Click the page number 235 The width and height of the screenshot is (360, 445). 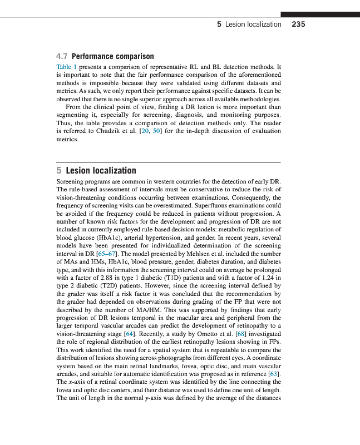click(x=298, y=24)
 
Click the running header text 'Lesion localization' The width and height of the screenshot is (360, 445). click(x=253, y=24)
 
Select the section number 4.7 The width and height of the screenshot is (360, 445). click(x=62, y=57)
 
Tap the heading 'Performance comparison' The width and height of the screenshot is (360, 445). click(x=112, y=57)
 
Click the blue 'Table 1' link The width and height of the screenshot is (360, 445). click(x=66, y=66)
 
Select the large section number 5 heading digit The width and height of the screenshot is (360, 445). click(x=60, y=171)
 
